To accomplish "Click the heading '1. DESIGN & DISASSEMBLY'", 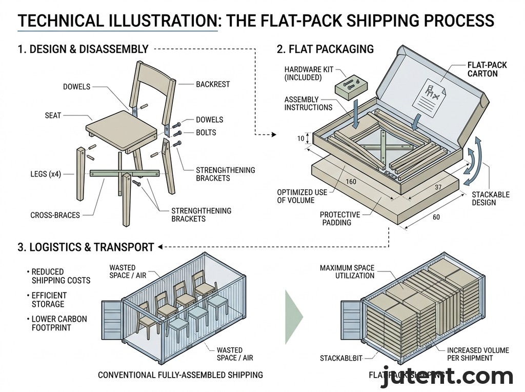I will click(x=83, y=49).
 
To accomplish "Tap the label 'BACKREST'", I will click(x=213, y=84).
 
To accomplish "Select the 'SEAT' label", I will click(x=53, y=115).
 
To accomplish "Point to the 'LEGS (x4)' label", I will click(x=46, y=174).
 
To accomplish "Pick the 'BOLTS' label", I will click(x=206, y=132).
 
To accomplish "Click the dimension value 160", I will click(x=351, y=182).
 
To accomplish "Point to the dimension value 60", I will click(x=436, y=217).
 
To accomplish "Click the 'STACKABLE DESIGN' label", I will click(x=491, y=199).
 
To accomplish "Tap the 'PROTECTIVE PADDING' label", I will click(x=340, y=219).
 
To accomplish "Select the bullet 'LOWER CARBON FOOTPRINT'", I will click(x=59, y=323).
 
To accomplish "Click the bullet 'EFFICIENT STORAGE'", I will click(x=49, y=300).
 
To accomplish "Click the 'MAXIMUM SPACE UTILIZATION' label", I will click(x=347, y=272).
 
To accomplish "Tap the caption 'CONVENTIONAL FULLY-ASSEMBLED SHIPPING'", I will click(x=180, y=375).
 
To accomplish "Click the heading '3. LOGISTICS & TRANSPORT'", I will click(x=86, y=247).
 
